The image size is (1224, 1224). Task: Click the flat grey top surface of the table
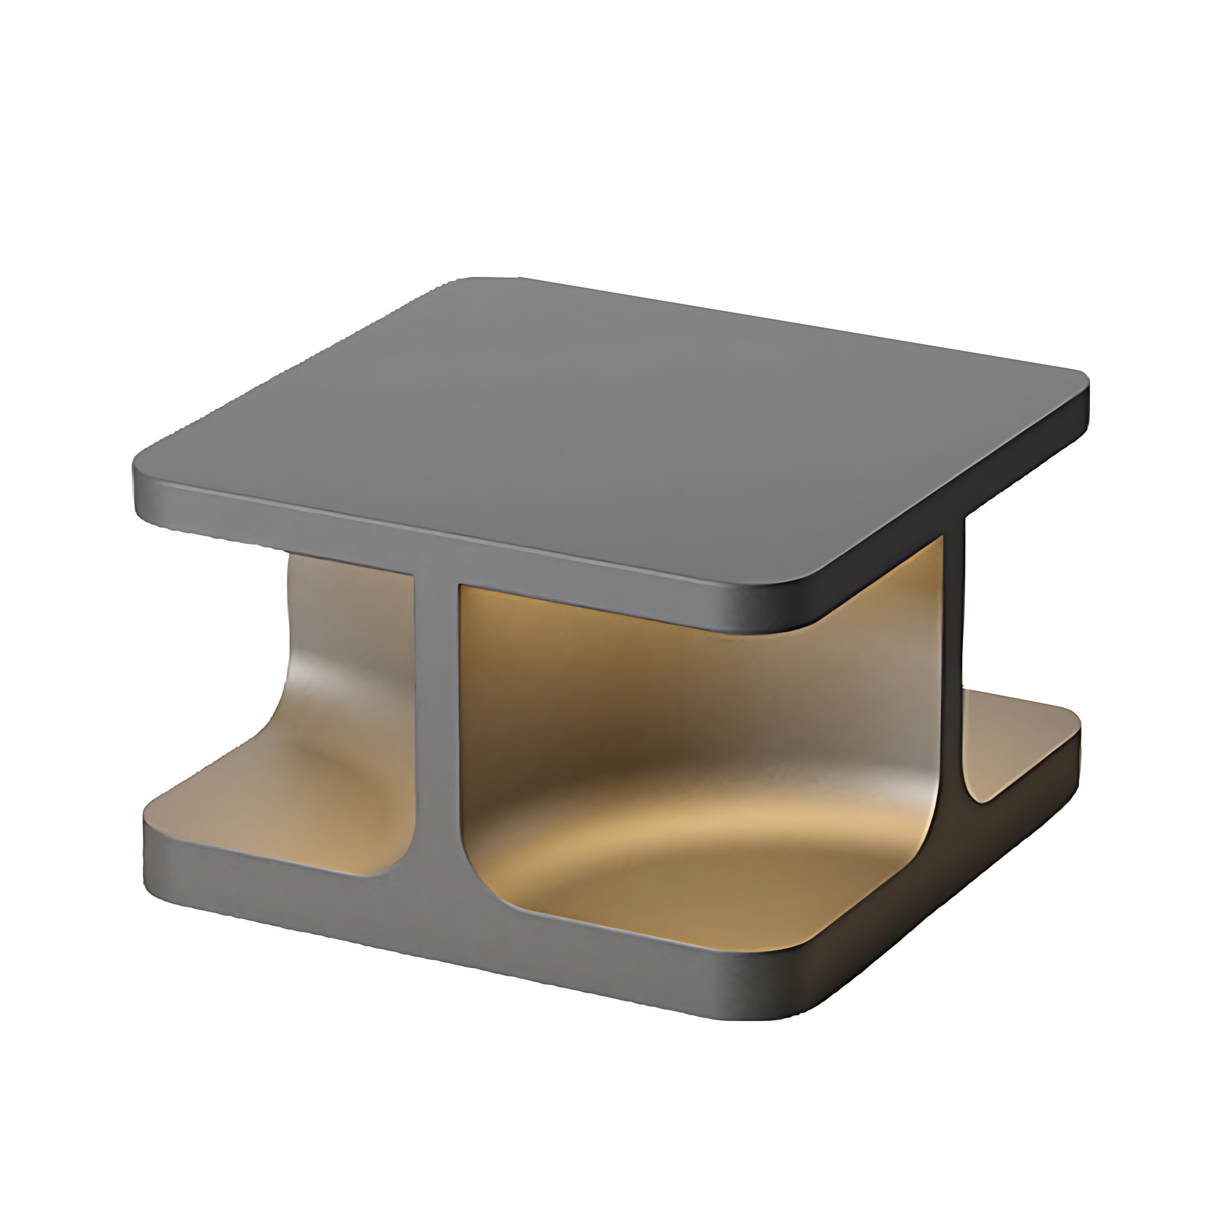(x=608, y=431)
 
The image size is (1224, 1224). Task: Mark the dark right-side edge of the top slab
(x=950, y=507)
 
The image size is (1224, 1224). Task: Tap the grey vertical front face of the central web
(x=437, y=728)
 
